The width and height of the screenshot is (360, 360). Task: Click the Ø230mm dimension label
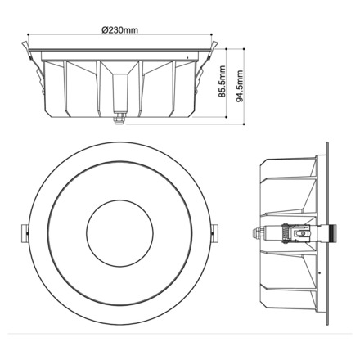coord(119,30)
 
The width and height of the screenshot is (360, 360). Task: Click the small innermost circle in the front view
coord(119,228)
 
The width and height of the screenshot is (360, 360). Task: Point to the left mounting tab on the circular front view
coord(22,231)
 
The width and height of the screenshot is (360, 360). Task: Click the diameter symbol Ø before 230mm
coord(104,30)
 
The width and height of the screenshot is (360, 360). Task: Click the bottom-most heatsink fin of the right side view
coord(286,299)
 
